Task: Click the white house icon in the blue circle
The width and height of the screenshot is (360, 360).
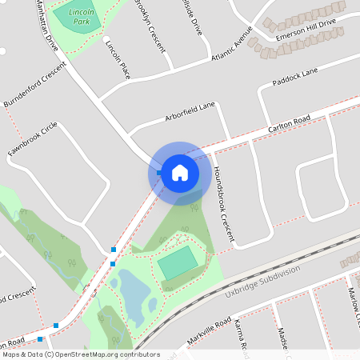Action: coord(180,172)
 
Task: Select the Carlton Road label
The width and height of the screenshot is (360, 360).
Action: coord(289,125)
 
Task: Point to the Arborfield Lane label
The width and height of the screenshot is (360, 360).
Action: coord(190,110)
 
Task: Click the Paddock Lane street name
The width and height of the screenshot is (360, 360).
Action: coord(294,77)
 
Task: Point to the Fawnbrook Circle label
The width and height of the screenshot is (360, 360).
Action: coord(33,138)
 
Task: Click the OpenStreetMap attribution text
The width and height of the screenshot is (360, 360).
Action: coord(80,354)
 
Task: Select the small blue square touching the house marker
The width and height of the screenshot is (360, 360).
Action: coord(160,172)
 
